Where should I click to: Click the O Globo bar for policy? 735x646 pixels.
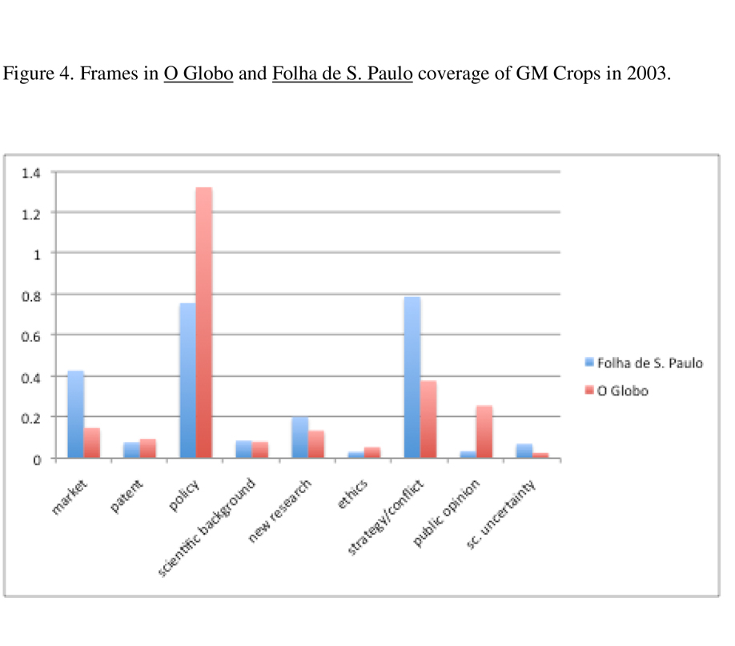pyautogui.click(x=204, y=323)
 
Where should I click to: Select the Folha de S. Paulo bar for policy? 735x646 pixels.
pyautogui.click(x=187, y=381)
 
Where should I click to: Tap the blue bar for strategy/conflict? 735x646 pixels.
pyautogui.click(x=412, y=378)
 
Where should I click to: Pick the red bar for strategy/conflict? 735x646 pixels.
pyautogui.click(x=428, y=419)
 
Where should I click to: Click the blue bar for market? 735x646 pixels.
pyautogui.click(x=75, y=415)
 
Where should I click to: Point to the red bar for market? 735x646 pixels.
pyautogui.click(x=92, y=443)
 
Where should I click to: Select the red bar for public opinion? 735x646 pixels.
pyautogui.click(x=484, y=432)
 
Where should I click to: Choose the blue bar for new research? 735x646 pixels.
pyautogui.click(x=299, y=437)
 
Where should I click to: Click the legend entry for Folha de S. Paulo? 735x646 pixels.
pyautogui.click(x=643, y=363)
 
